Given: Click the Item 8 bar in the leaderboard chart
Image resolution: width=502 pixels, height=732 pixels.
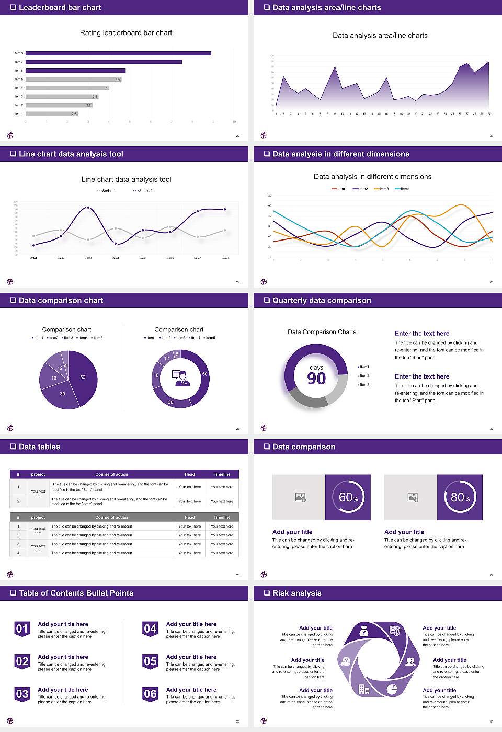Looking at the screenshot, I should tap(118, 53).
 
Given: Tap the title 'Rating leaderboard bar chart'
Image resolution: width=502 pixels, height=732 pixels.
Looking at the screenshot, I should tap(126, 33).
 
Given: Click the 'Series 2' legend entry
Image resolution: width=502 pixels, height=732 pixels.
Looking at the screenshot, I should tap(143, 191).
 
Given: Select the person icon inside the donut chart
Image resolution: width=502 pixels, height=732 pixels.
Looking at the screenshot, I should tap(181, 378).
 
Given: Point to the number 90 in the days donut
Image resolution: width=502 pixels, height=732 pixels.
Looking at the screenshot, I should tap(316, 379).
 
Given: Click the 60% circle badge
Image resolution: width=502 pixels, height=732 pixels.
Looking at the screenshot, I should tap(348, 497).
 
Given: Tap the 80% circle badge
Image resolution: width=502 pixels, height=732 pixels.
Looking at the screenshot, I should tap(460, 497).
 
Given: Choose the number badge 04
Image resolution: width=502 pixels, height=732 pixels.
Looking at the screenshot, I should tap(150, 629).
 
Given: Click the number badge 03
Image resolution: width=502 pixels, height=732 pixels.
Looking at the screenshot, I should tap(22, 694).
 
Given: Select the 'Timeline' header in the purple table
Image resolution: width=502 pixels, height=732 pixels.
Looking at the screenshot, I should tap(222, 474).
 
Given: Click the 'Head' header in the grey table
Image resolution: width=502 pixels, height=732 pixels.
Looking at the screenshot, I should tap(189, 517).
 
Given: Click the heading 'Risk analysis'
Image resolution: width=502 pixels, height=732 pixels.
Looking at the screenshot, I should tap(296, 593).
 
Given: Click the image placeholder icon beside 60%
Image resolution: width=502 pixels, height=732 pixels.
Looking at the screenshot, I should tap(300, 497).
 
